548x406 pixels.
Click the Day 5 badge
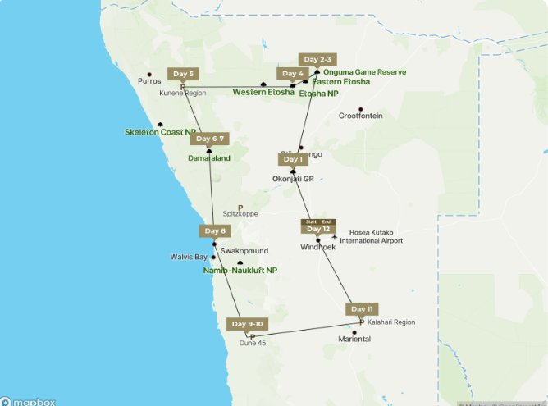[x=182, y=74]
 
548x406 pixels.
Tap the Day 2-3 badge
[x=317, y=59]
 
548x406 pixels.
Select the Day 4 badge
[x=293, y=74]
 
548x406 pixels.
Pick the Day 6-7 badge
[x=209, y=139]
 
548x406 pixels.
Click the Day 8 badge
[x=214, y=231]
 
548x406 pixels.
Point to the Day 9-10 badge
[x=249, y=324]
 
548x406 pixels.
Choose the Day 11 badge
[x=361, y=309]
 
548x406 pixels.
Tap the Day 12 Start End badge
[x=318, y=226]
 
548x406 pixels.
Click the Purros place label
[x=149, y=81]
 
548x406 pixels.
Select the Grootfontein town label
[x=360, y=116]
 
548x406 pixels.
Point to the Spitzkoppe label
[x=240, y=213]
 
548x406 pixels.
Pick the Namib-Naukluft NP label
[x=240, y=270]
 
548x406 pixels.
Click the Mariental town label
[x=354, y=339]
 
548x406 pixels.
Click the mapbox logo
[x=29, y=401]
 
